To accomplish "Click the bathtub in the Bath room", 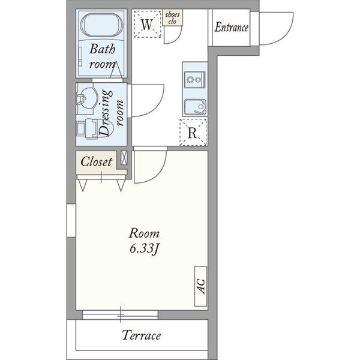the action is pos(102,25).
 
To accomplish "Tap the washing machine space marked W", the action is pos(147,24).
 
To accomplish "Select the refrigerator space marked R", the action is pos(193,132).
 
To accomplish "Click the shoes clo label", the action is pos(172,17).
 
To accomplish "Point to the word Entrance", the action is pos(232,28).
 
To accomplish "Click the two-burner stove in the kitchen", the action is pos(195,79).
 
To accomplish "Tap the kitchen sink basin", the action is pos(195,107).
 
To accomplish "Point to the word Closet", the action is pos(97,161).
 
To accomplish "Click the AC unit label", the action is pos(201,286).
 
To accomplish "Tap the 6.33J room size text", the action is pos(144,249).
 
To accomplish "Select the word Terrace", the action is pos(141,335).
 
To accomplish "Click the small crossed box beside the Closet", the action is pos(124,157).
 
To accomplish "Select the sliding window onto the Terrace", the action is pos(121,315).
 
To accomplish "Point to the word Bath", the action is pos(102,49).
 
